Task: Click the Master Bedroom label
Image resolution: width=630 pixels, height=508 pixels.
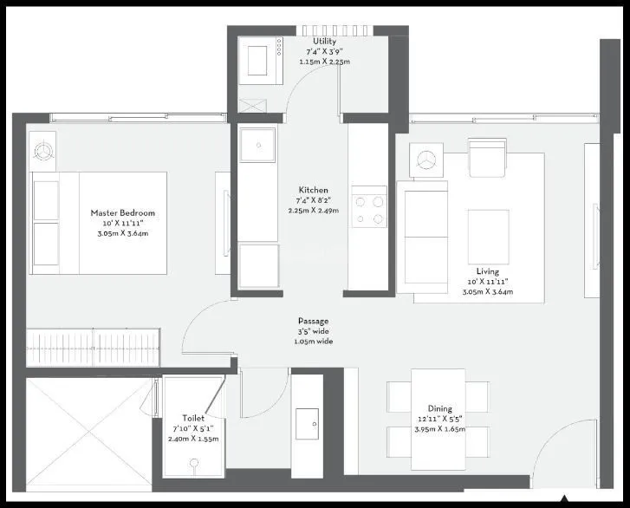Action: (x=122, y=212)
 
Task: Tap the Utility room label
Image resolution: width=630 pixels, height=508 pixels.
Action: (x=325, y=41)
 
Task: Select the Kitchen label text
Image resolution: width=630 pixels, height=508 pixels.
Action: (x=313, y=190)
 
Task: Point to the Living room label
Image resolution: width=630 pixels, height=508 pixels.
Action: (x=488, y=271)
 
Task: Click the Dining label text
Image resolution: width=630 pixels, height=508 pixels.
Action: (x=440, y=408)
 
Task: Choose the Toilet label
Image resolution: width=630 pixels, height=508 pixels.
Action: (x=193, y=419)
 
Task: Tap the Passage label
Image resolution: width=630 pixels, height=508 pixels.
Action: (x=313, y=321)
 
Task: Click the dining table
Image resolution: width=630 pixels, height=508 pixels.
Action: (x=438, y=411)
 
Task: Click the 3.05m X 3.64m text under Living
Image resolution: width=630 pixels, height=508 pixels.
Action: (x=488, y=292)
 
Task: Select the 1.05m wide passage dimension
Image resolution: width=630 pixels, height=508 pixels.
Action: (x=313, y=342)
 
